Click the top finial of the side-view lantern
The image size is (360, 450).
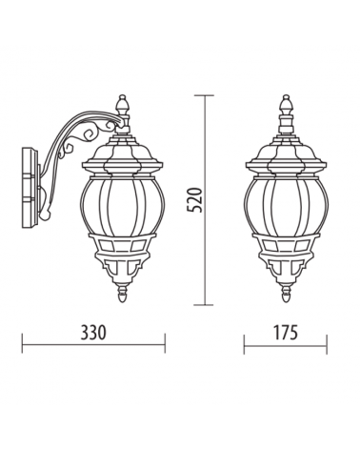tap(121, 104)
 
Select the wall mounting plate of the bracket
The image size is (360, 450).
tap(31, 187)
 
